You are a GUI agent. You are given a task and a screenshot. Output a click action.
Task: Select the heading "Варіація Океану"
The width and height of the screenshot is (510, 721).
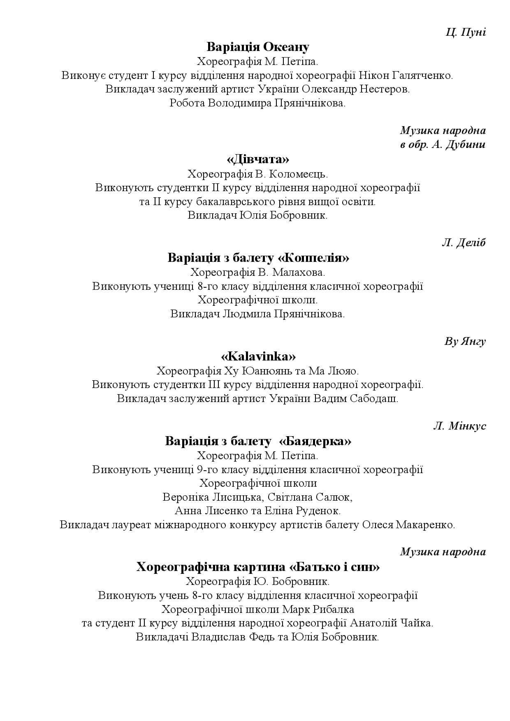[x=257, y=47]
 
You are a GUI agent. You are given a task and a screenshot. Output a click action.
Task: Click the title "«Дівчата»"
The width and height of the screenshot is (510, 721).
[x=257, y=159]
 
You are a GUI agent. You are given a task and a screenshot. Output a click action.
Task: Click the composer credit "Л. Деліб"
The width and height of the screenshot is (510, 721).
[x=464, y=243]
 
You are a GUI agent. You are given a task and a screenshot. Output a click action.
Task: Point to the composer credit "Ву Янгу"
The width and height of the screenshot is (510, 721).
[x=465, y=342]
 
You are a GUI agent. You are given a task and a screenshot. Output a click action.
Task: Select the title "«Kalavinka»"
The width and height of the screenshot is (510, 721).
[x=258, y=356]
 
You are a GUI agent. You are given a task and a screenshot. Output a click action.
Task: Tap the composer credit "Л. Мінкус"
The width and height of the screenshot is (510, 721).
[x=459, y=426]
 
